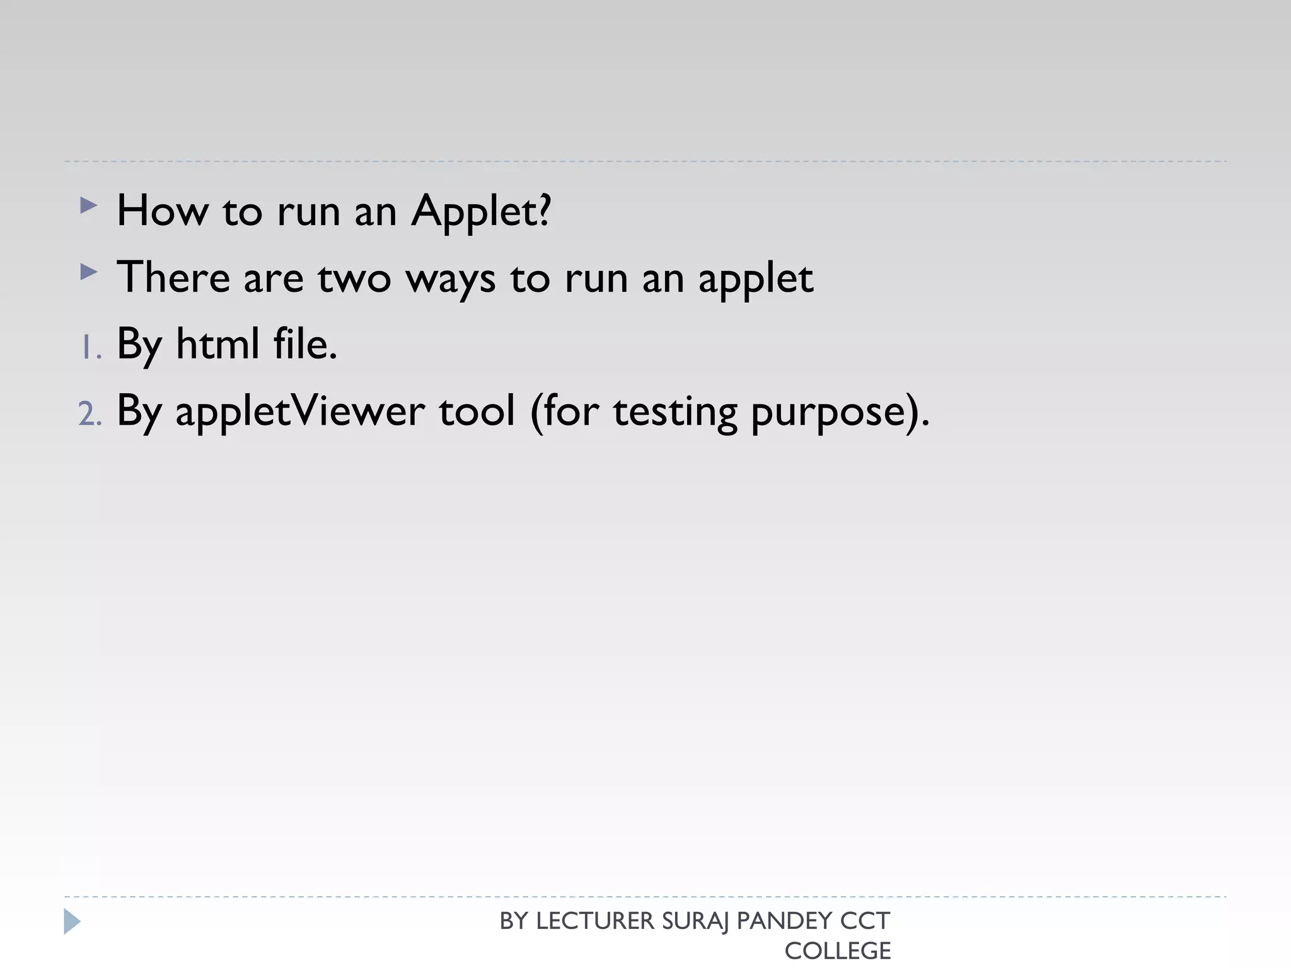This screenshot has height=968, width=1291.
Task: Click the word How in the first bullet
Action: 162,210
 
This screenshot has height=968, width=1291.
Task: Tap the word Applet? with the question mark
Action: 481,212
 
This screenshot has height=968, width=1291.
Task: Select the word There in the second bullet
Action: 173,277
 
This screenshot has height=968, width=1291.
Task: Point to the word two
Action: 354,279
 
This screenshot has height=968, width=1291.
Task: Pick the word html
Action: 217,344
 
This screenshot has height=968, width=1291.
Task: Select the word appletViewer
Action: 300,412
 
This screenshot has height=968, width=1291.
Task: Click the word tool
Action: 477,411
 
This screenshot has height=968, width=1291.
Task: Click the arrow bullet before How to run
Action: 89,205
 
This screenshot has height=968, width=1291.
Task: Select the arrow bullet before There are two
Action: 89,272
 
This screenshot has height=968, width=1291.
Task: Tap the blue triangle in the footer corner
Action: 72,921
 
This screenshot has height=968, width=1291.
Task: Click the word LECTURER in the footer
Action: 595,921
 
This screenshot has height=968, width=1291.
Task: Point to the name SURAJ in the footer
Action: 695,921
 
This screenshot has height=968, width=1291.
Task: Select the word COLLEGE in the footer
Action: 837,951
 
